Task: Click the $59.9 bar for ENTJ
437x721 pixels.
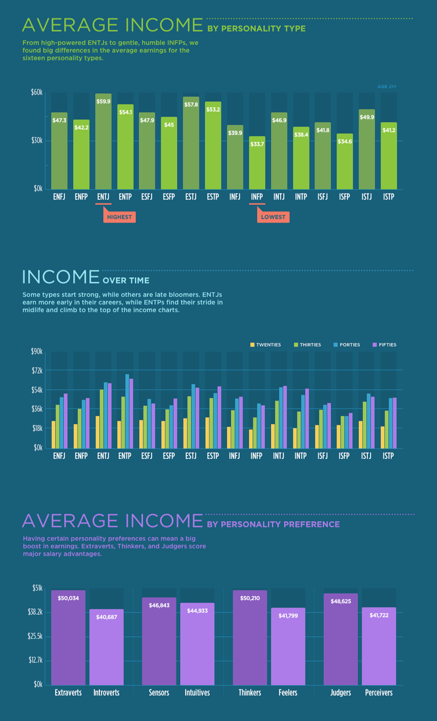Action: pyautogui.click(x=103, y=142)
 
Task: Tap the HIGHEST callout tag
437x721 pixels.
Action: pyautogui.click(x=119, y=217)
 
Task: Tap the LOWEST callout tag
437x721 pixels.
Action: pyautogui.click(x=273, y=217)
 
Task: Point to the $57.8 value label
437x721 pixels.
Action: pyautogui.click(x=191, y=105)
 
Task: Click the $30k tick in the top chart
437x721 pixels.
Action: pyautogui.click(x=37, y=141)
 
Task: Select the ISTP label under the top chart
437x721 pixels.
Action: pyautogui.click(x=389, y=197)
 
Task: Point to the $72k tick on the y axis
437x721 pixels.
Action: pyautogui.click(x=37, y=371)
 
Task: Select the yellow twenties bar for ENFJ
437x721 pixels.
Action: pyautogui.click(x=54, y=434)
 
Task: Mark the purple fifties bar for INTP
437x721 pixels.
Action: pyautogui.click(x=307, y=418)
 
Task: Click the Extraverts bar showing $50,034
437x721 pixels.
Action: pyautogui.click(x=68, y=638)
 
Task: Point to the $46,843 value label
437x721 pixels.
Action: pyautogui.click(x=159, y=605)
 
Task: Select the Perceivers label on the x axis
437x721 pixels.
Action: pyautogui.click(x=379, y=693)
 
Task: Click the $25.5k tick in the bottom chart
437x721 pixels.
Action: pyautogui.click(x=35, y=636)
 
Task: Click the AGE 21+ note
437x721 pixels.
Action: pyautogui.click(x=387, y=87)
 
